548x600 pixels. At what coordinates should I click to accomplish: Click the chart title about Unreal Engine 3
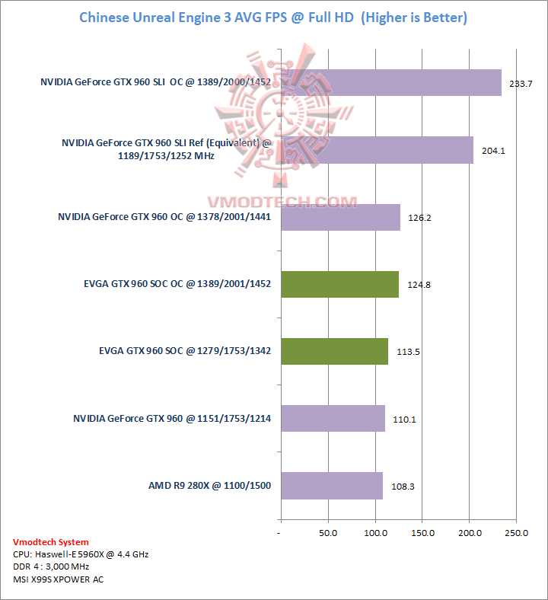point(273,17)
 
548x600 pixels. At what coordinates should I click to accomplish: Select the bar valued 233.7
point(391,82)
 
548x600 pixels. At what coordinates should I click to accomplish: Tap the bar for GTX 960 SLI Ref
point(377,150)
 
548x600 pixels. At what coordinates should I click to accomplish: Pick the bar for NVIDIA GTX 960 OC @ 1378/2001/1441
point(340,217)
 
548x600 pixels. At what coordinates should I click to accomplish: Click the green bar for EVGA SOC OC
point(339,284)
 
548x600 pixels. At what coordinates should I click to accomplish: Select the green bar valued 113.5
point(334,351)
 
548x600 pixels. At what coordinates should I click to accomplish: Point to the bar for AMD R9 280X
point(332,485)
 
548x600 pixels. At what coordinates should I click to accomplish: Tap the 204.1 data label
point(494,151)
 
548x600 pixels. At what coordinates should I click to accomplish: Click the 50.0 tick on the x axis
point(328,533)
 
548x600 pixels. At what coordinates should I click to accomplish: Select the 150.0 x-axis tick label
point(422,533)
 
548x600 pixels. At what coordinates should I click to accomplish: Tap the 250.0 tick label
point(516,533)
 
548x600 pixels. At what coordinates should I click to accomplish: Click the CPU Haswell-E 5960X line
point(81,554)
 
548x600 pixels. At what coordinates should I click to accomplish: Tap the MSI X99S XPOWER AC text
point(59,579)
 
